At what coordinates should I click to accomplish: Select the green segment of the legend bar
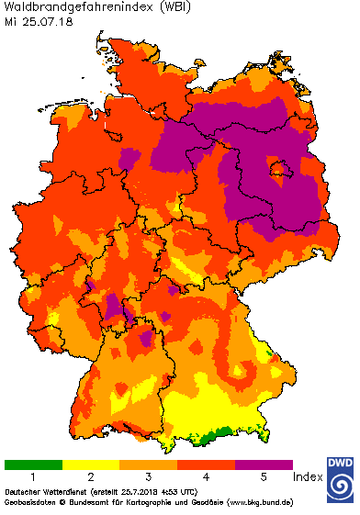coord(33,465)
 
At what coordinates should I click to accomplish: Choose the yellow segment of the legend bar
coord(91,465)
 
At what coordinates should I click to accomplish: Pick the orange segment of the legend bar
coord(149,465)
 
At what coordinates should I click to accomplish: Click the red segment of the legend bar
coord(207,465)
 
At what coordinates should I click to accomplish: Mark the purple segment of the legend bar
coord(264,465)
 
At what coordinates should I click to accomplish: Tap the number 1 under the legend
coord(33,478)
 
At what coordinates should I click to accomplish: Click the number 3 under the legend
coord(149,478)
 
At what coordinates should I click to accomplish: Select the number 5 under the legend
coord(264,478)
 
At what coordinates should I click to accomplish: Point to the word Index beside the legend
coord(307,478)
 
